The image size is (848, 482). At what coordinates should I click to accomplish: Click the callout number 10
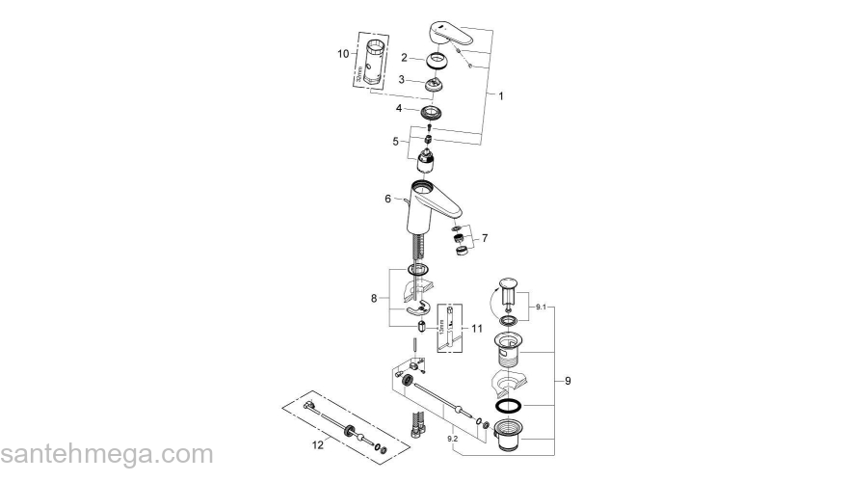point(342,54)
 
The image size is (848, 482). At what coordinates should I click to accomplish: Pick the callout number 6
point(387,199)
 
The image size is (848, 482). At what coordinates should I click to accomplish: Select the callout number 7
point(485,237)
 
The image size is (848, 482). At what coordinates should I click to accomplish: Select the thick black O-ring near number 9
point(514,406)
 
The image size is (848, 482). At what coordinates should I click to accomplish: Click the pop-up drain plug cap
point(511,285)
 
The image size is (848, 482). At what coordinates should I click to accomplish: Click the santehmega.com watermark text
point(106,454)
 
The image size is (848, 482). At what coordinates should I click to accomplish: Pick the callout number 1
point(500,95)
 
